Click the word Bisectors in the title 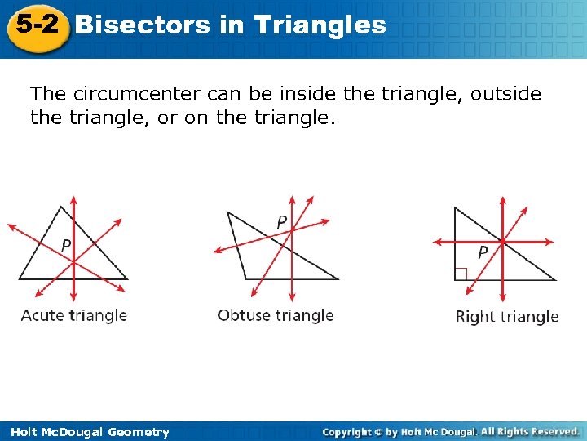tap(143, 24)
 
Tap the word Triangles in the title tap(320, 24)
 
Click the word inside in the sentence tap(294, 95)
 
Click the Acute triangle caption tap(74, 315)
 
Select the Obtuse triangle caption tap(276, 315)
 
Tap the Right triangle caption tap(506, 316)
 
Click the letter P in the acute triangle tap(66, 245)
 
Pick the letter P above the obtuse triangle tap(281, 221)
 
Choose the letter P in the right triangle tap(483, 252)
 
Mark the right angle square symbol tap(461, 274)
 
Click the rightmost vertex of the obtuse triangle tap(338, 279)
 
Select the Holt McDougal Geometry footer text tap(86, 432)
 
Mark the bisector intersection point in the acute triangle tap(74, 261)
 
